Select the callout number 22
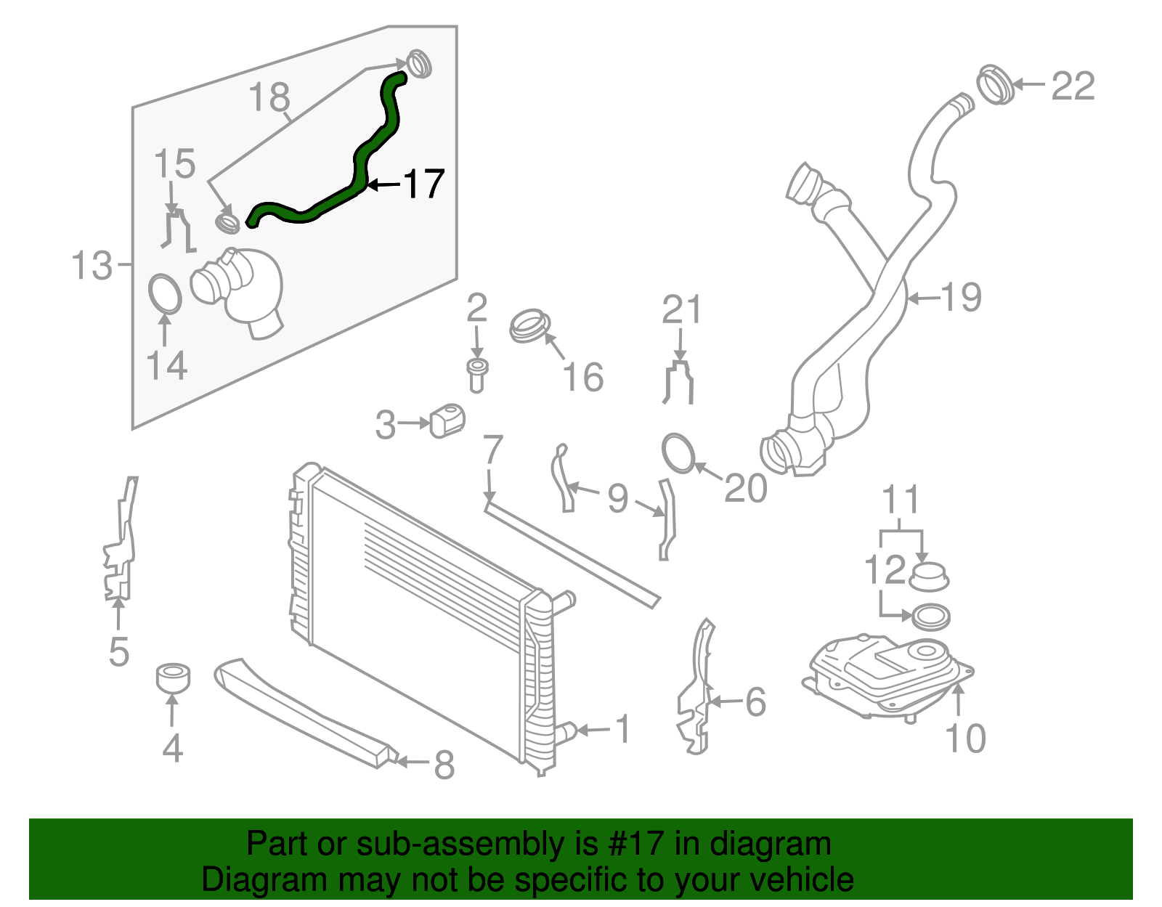pos(1072,87)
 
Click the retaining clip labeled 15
pos(176,229)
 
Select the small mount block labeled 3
pos(447,421)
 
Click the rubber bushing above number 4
pos(173,677)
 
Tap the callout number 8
pos(444,764)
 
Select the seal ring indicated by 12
pos(930,617)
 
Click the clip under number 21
pos(679,382)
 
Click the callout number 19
pos(960,297)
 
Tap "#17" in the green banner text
pos(632,844)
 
